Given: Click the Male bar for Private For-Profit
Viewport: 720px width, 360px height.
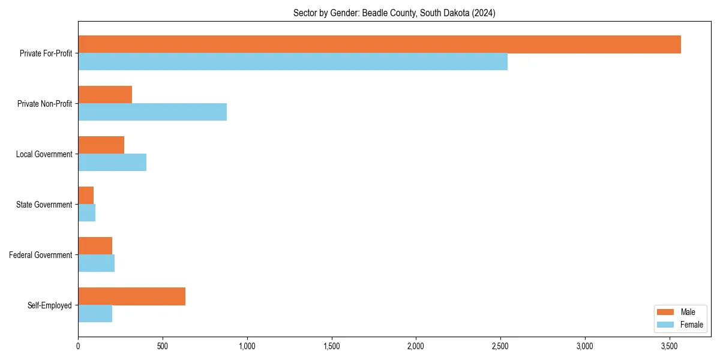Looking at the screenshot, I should click(x=379, y=44).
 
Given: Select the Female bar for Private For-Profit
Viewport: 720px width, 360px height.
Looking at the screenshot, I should click(x=293, y=62).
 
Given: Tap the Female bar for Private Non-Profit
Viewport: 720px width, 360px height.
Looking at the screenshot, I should click(x=152, y=112).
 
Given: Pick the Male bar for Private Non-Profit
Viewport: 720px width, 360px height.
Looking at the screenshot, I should click(x=105, y=95).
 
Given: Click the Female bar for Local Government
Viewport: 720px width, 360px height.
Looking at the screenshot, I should click(x=112, y=163).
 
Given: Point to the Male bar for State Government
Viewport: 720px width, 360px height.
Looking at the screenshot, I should click(x=86, y=196).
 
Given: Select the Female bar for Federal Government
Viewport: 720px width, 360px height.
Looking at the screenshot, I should click(x=96, y=263).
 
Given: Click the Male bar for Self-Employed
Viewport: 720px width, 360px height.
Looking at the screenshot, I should click(x=131, y=296).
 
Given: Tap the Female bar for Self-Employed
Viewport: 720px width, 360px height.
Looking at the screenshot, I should click(x=95, y=314).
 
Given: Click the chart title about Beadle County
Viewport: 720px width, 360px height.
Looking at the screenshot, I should click(x=394, y=13).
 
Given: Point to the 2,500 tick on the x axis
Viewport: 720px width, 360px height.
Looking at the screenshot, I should click(x=500, y=346).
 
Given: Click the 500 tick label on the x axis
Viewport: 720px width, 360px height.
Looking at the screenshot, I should click(x=162, y=346).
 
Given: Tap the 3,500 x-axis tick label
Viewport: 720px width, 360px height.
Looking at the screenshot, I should click(x=670, y=346).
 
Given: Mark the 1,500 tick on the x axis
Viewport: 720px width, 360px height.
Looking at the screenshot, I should click(x=331, y=346).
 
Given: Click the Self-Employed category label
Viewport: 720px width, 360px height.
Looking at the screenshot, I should click(x=50, y=305).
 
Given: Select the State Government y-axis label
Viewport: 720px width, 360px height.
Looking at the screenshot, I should click(x=45, y=205).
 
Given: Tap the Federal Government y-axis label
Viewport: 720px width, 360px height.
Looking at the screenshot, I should click(x=41, y=255).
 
